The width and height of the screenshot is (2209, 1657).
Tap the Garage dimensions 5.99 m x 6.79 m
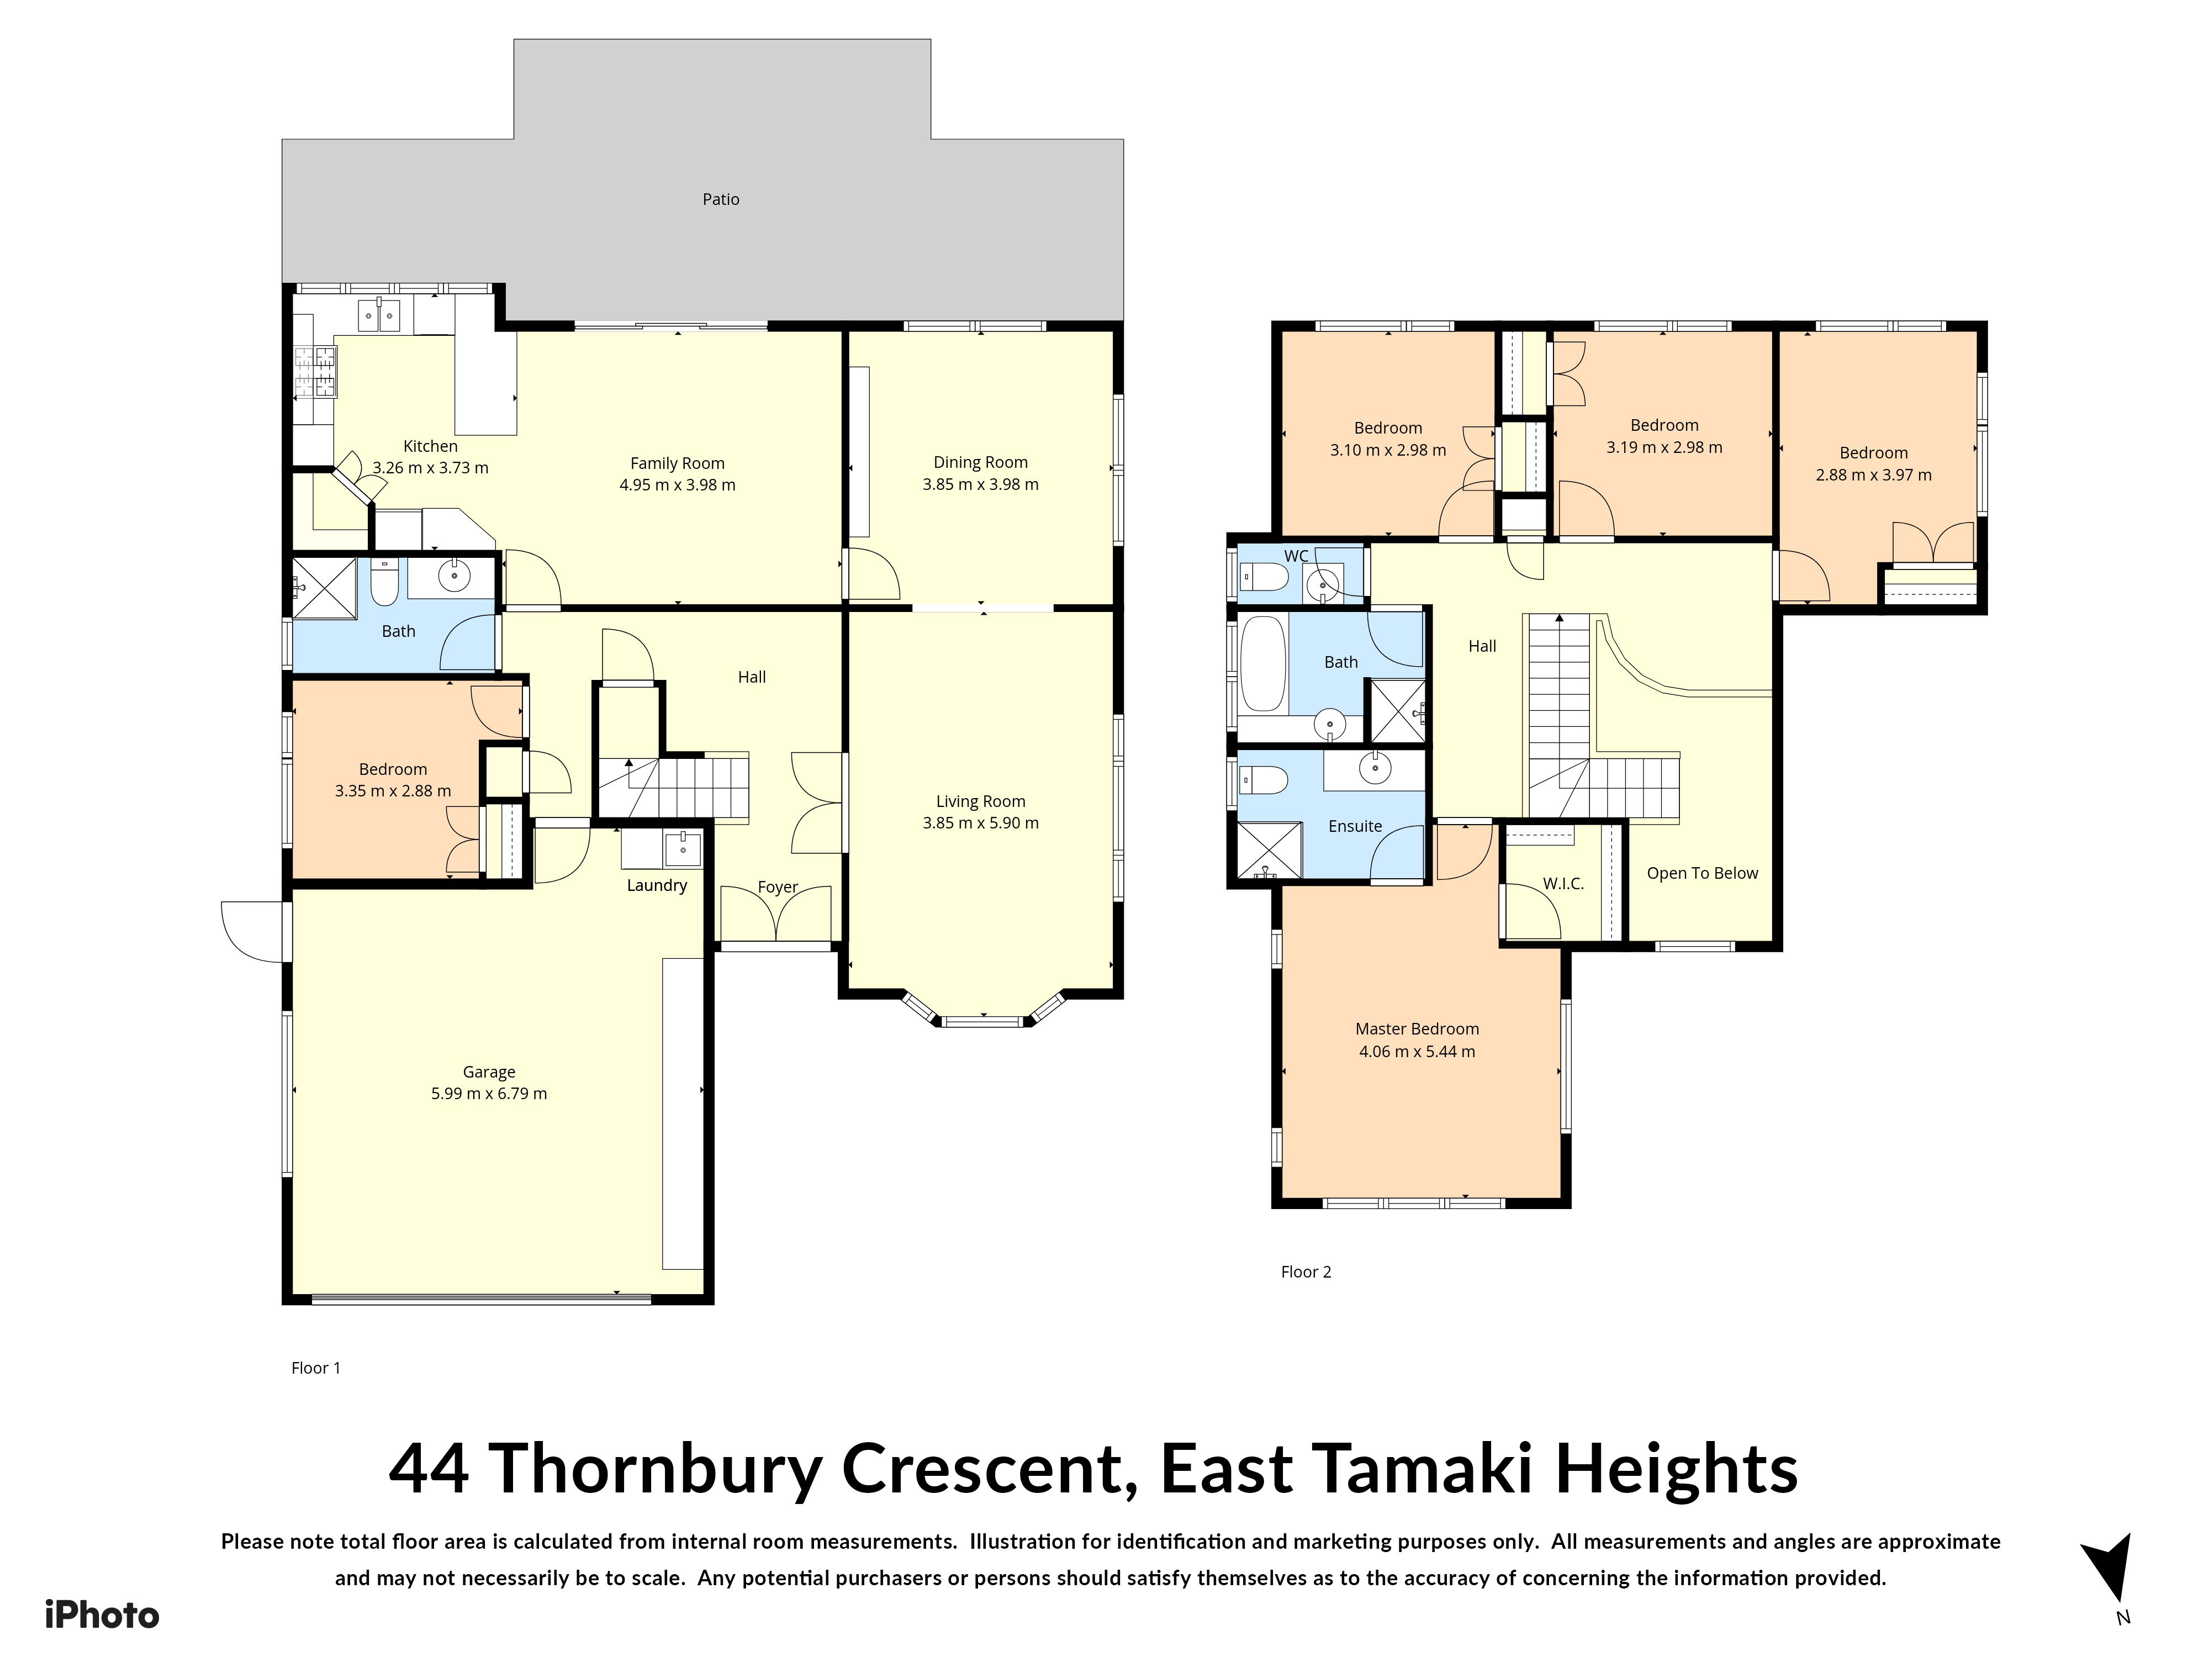[x=489, y=1094]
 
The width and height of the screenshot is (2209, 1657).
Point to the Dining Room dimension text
[x=981, y=484]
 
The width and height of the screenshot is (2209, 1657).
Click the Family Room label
[x=677, y=463]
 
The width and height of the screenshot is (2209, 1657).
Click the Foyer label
[x=778, y=887]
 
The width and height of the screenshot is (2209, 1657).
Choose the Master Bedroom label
[x=1417, y=1029]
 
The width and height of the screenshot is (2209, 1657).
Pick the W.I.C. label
[x=1563, y=884]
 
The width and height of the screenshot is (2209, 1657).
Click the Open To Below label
[x=1703, y=873]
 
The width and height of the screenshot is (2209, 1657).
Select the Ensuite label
[x=1355, y=826]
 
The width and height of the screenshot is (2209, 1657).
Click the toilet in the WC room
[x=1264, y=576]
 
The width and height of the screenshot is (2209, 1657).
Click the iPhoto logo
[x=102, y=1615]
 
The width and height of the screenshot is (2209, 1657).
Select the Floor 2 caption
[x=1306, y=1271]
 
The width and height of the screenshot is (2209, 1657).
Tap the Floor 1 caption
[x=315, y=1368]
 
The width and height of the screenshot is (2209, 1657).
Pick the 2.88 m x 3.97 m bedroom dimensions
[x=1873, y=476]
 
